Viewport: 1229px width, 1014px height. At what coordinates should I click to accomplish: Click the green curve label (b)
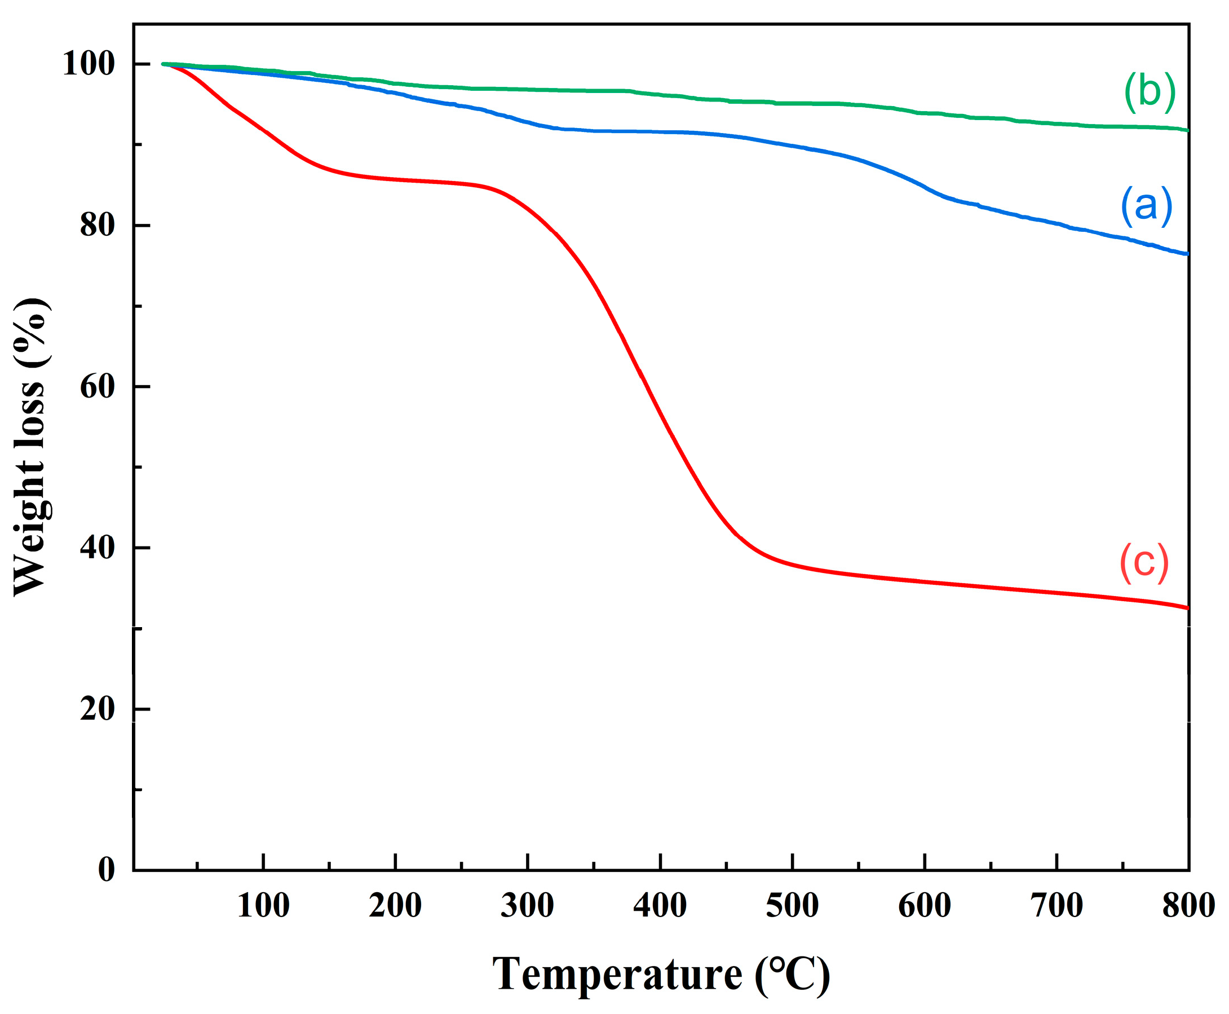tap(1149, 92)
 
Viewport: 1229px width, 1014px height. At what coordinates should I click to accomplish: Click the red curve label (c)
tap(1144, 562)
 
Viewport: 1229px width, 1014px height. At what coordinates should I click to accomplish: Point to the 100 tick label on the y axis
tap(89, 63)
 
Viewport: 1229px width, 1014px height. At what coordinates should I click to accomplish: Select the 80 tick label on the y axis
tap(98, 225)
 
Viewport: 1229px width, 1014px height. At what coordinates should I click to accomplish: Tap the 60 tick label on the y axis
tap(98, 386)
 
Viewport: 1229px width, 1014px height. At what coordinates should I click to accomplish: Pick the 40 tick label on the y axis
tap(98, 548)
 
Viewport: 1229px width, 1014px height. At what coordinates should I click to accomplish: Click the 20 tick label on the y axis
tap(98, 709)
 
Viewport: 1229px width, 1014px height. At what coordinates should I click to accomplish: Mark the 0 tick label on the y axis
tap(106, 870)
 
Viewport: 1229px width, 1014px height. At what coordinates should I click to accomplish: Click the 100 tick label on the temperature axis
tap(263, 906)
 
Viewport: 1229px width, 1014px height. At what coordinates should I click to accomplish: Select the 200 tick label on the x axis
tap(395, 906)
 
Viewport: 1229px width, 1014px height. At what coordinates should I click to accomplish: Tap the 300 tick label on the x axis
tap(527, 906)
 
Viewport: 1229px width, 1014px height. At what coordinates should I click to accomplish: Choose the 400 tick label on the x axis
tap(660, 906)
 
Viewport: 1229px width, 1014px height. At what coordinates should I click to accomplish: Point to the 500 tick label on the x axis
tap(792, 906)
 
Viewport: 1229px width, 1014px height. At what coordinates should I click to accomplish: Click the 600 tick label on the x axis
tap(924, 906)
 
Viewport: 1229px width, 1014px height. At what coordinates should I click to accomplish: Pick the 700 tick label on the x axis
tap(1056, 906)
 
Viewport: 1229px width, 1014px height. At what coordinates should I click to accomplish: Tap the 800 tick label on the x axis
tap(1188, 906)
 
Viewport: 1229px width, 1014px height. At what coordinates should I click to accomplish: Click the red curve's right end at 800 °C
tap(1186, 607)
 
